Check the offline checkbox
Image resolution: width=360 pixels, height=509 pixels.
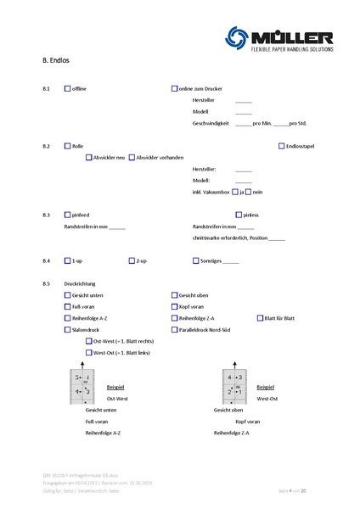pyautogui.click(x=68, y=89)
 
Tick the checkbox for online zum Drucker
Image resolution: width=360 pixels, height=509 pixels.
pyautogui.click(x=175, y=89)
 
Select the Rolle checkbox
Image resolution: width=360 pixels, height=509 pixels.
pyautogui.click(x=68, y=146)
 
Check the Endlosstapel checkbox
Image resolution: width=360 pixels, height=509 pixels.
pyautogui.click(x=282, y=146)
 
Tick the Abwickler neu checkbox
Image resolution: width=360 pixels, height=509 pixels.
pyautogui.click(x=89, y=157)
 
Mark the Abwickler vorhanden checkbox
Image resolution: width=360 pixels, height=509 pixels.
pyautogui.click(x=132, y=157)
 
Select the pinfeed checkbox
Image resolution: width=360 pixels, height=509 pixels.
pyautogui.click(x=68, y=215)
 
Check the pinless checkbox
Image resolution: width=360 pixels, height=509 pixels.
pyautogui.click(x=197, y=215)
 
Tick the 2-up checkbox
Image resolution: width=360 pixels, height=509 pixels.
pyautogui.click(x=132, y=260)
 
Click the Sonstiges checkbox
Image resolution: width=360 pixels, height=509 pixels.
pyautogui.click(x=197, y=260)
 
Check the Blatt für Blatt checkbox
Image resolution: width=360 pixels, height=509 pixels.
pyautogui.click(x=261, y=317)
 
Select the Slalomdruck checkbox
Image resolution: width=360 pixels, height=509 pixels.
pyautogui.click(x=68, y=329)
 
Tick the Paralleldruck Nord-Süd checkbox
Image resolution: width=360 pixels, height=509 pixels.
pyautogui.click(x=175, y=329)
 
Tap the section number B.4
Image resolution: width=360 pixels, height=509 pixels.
pyautogui.click(x=46, y=260)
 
